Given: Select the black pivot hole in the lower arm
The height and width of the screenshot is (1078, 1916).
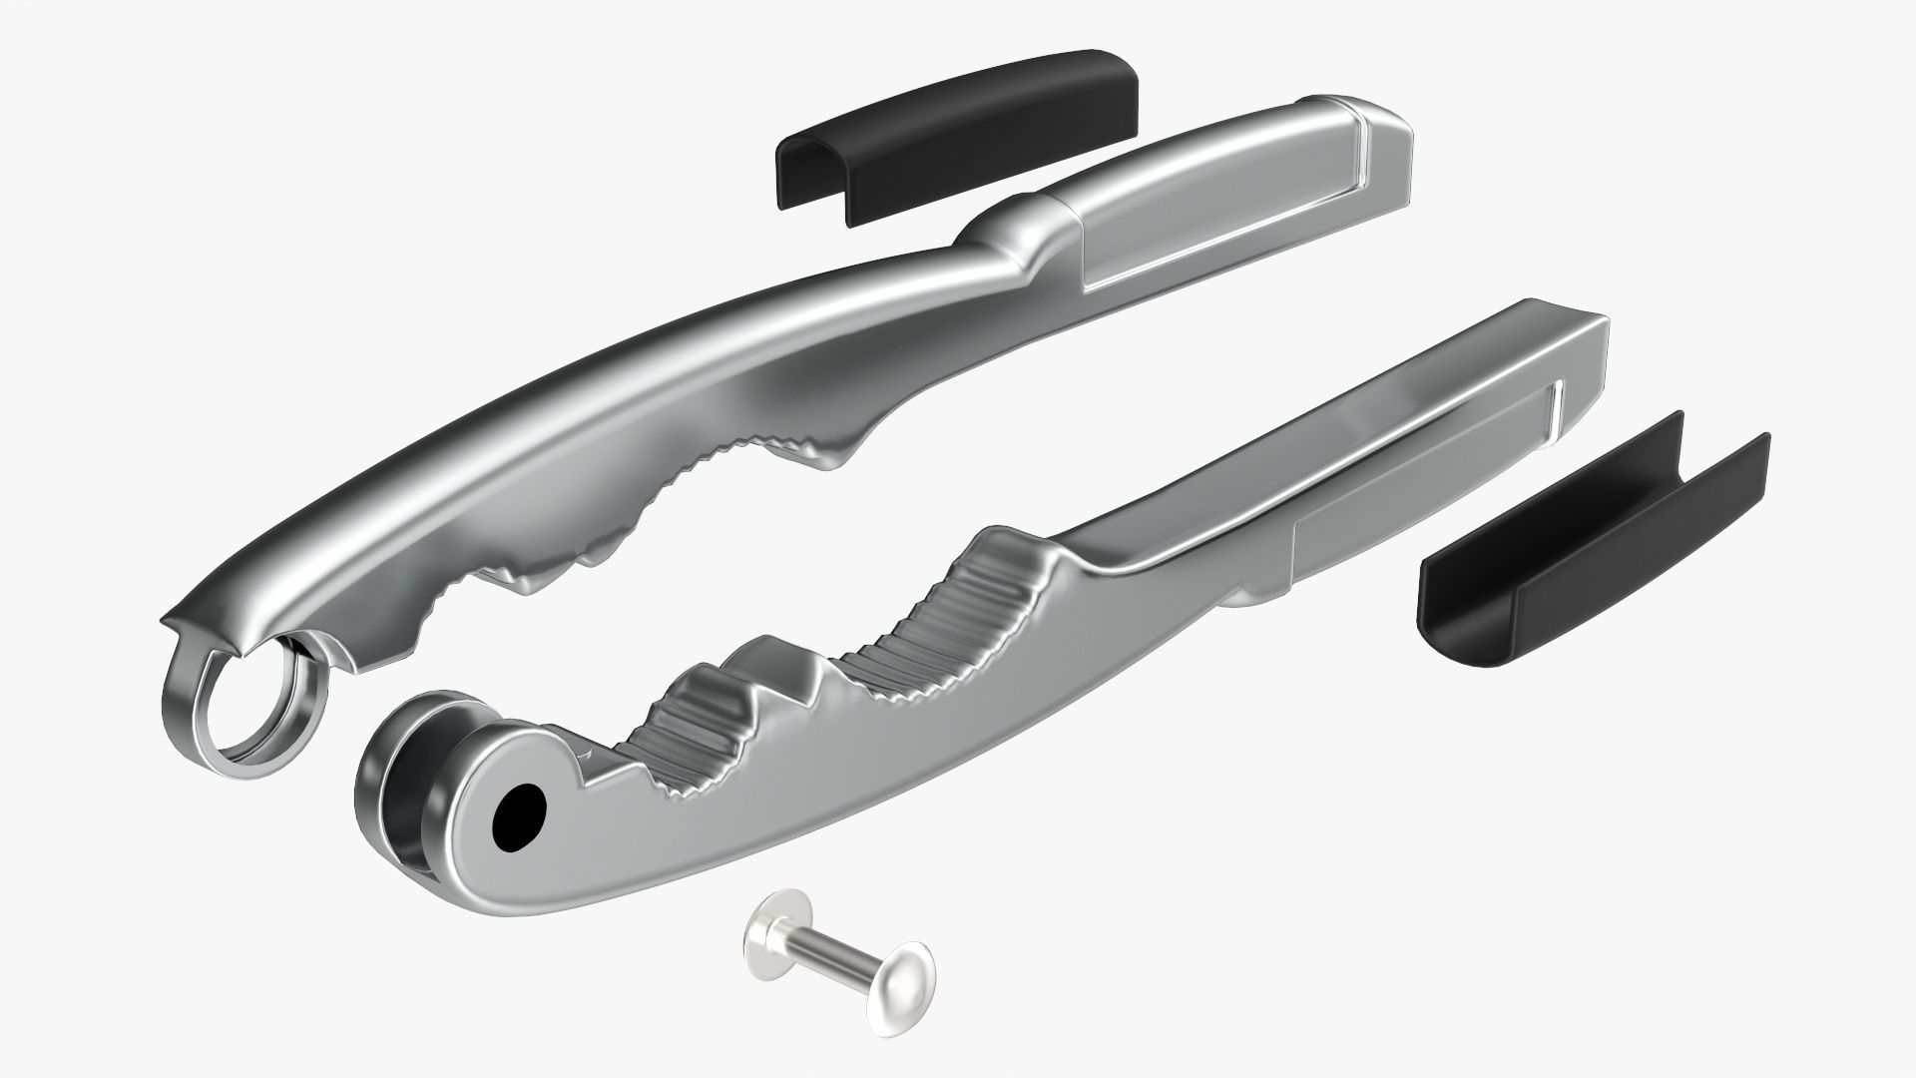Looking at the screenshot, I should coord(521,813).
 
